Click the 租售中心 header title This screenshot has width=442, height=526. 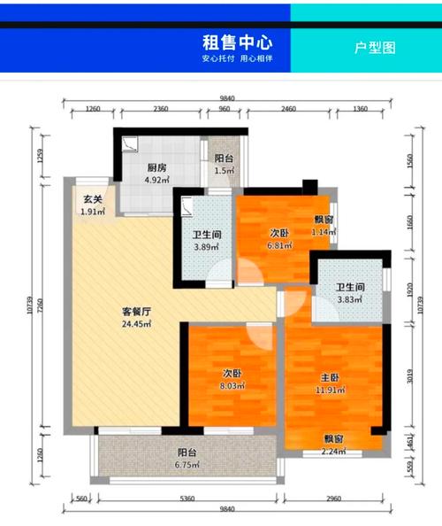coord(237,42)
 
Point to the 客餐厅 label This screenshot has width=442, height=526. coord(136,312)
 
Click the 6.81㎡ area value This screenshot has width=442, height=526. coord(280,244)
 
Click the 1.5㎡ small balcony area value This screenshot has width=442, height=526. coord(224,170)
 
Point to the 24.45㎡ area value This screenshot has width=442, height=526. coord(136,324)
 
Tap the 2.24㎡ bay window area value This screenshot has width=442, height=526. coord(333,452)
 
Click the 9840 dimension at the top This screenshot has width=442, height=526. coord(228,99)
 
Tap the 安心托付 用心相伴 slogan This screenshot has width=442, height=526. coord(237,58)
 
